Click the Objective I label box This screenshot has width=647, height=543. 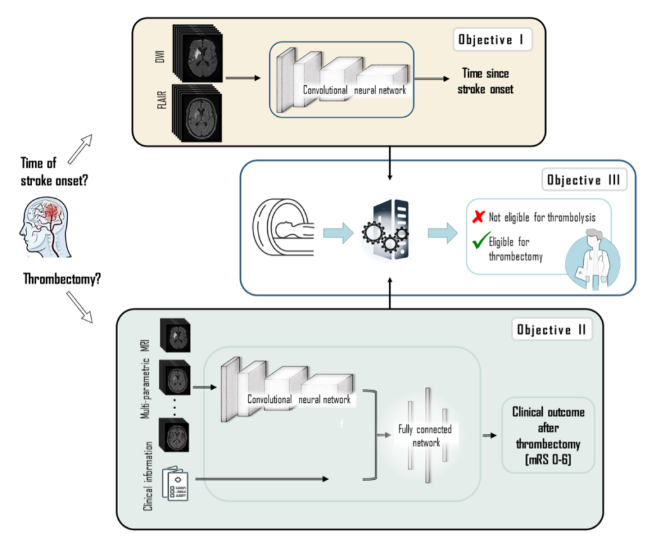point(492,40)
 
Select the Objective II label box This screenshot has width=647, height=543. point(552,329)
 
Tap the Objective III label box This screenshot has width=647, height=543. point(584,179)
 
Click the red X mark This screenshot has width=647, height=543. point(478,217)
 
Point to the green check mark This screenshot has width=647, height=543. point(481,241)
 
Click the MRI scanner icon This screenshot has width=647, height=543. point(282,227)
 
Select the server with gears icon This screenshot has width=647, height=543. point(386,229)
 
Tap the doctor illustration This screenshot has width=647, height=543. point(593,260)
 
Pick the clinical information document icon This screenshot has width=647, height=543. point(176,483)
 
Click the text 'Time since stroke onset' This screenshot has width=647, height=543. point(485,81)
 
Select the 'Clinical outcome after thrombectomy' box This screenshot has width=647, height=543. point(548,435)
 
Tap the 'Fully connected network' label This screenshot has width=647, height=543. point(425,436)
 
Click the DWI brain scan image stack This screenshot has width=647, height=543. point(198,53)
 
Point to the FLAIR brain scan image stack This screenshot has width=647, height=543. point(197,114)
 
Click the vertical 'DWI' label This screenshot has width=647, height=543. point(160,56)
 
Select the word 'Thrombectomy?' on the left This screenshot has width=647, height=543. point(62,279)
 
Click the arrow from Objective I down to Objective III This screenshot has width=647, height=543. point(389,164)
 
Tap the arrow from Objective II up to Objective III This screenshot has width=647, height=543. point(389,293)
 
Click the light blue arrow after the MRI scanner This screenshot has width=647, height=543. point(339,232)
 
